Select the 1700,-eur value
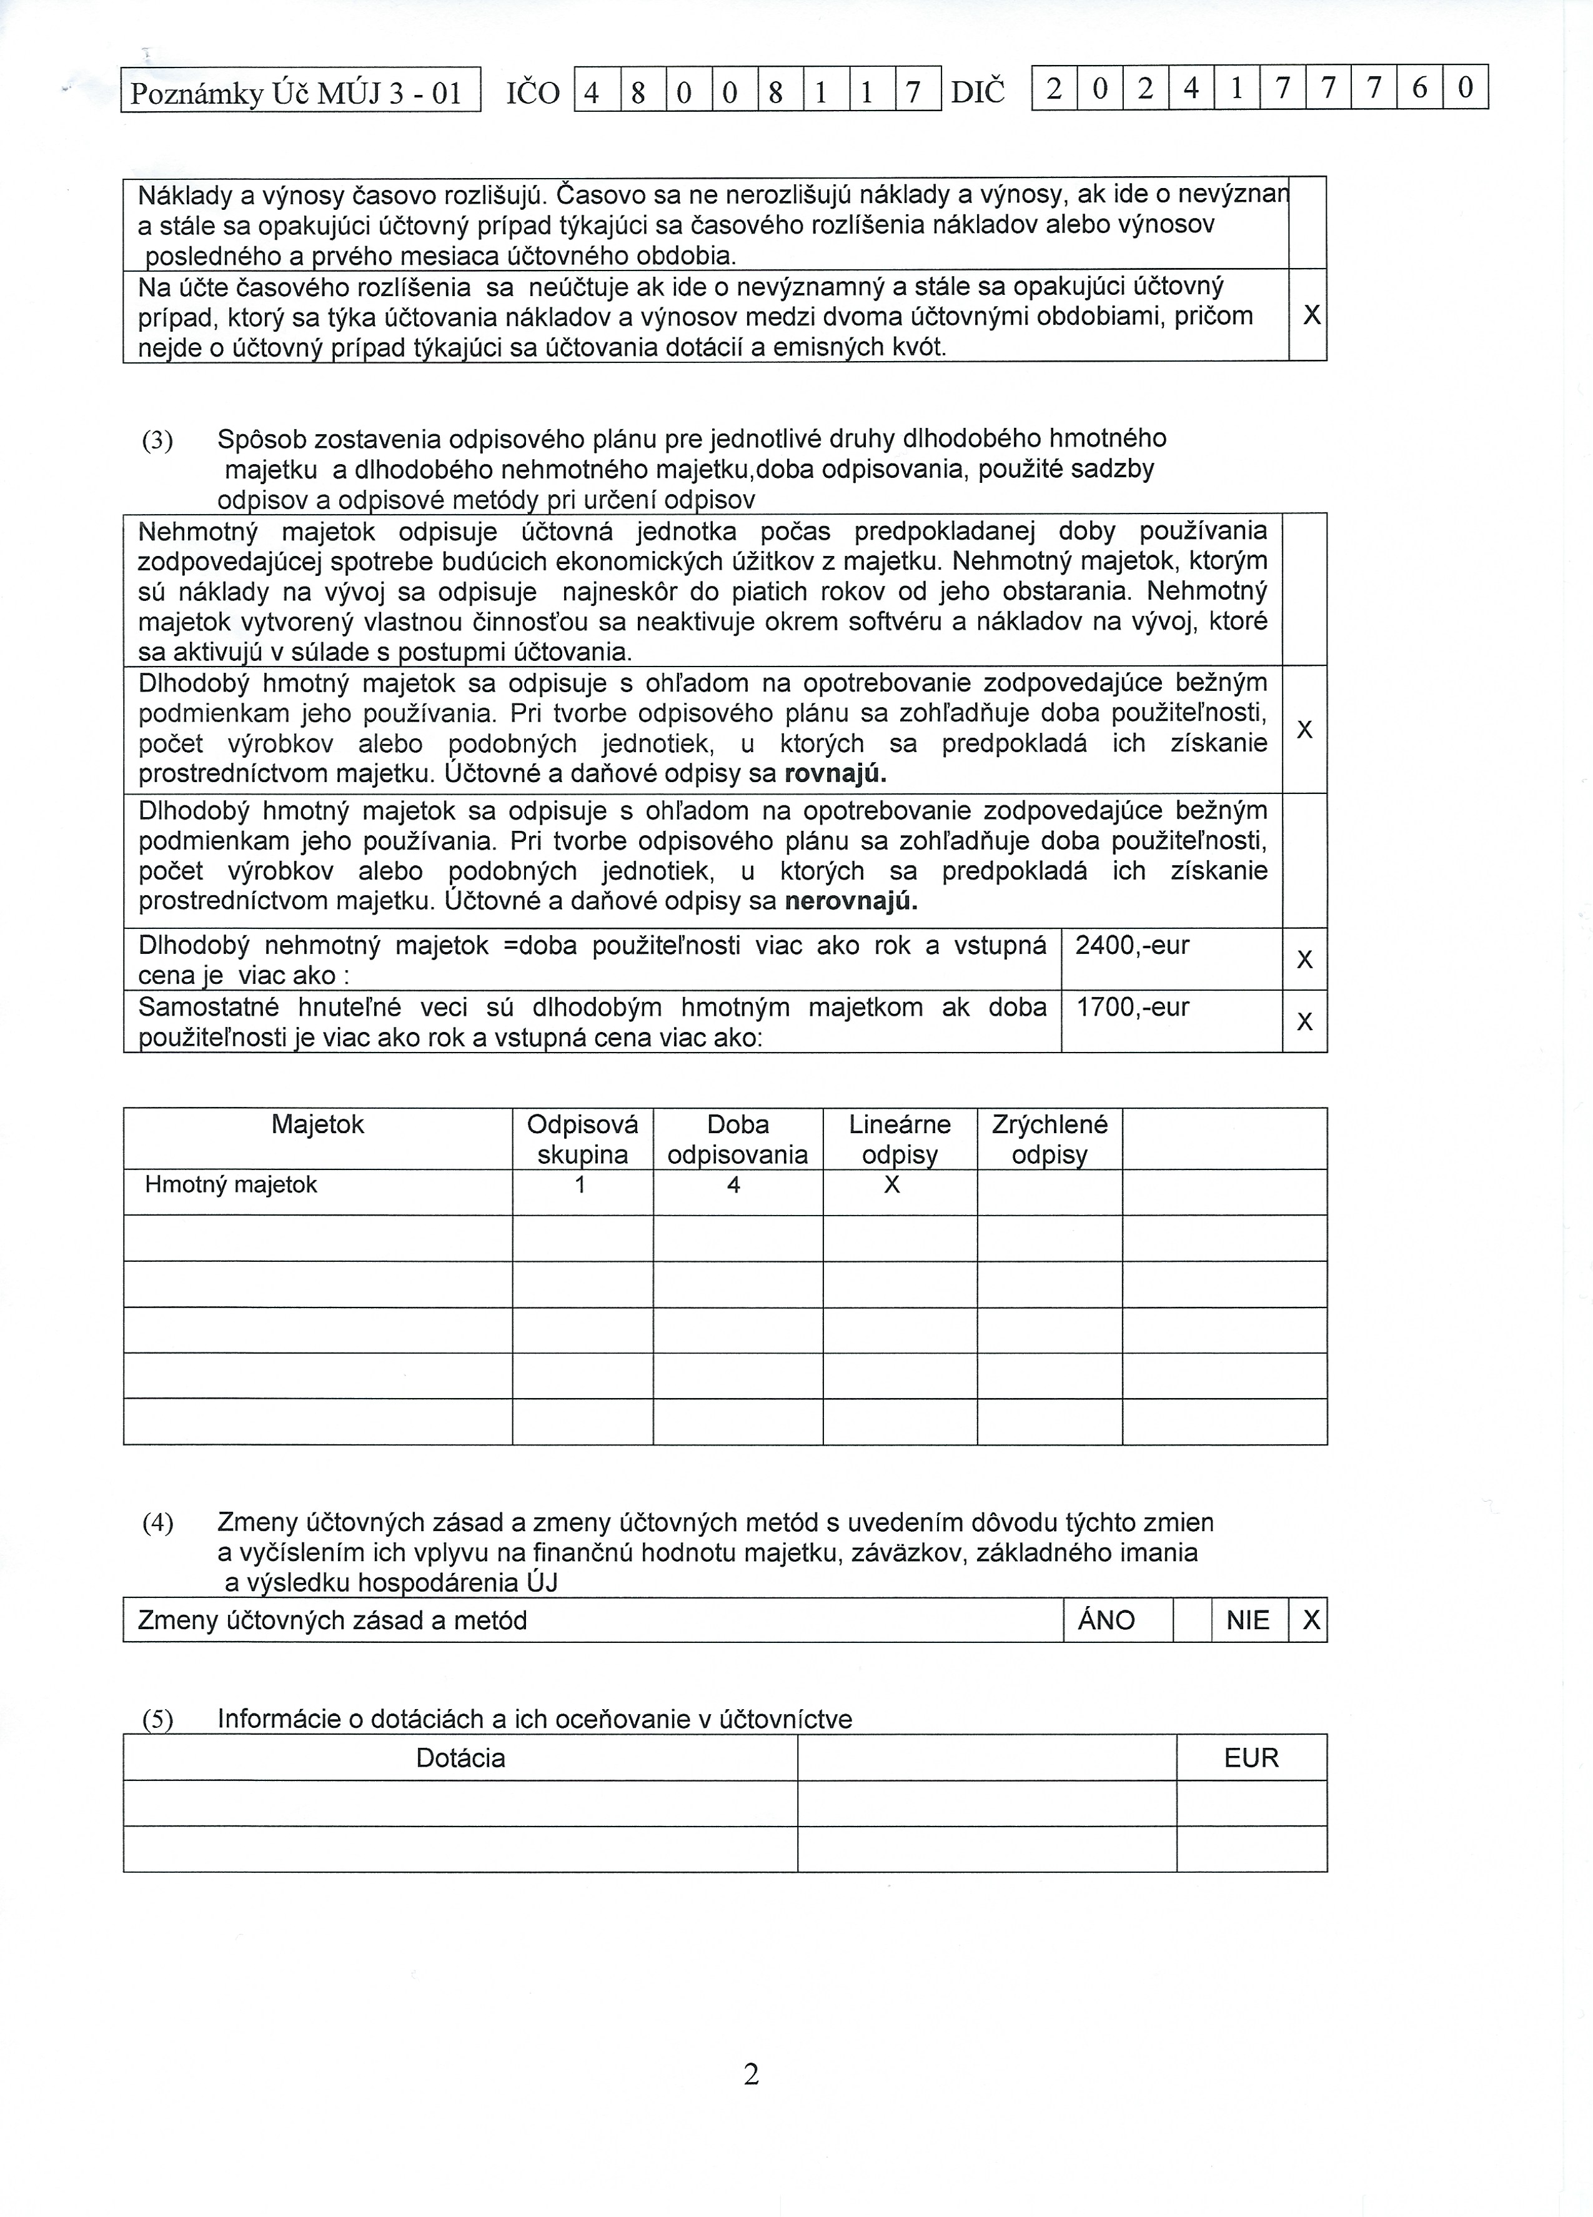pos(1132,1008)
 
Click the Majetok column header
pos(317,1125)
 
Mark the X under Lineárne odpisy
pos(891,1186)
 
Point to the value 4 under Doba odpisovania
pos(734,1186)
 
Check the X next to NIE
pos(1311,1620)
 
